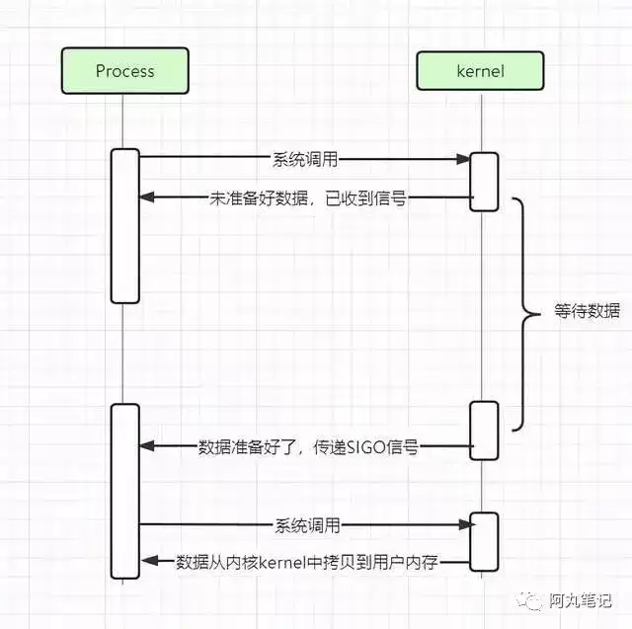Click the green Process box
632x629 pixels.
[x=125, y=71]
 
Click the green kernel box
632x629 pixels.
[x=480, y=71]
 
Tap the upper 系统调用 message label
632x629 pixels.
[x=305, y=160]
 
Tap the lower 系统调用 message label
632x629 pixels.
[x=307, y=526]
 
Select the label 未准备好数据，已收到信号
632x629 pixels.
[x=308, y=198]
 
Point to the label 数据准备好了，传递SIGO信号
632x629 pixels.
[x=308, y=447]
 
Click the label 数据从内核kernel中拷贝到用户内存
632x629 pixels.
[x=307, y=562]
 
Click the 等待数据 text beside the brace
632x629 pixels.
[x=587, y=311]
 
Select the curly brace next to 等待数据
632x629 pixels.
[x=524, y=314]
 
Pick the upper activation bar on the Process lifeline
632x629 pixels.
[x=125, y=226]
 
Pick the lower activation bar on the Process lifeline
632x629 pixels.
[x=125, y=491]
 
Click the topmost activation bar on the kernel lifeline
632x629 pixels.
[x=484, y=182]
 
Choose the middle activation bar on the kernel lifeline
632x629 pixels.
[x=484, y=431]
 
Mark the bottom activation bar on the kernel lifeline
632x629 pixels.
[x=484, y=542]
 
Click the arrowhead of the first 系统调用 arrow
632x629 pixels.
[x=463, y=159]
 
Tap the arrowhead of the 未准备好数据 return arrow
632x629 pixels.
[x=147, y=197]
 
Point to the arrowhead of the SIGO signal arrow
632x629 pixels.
[x=147, y=445]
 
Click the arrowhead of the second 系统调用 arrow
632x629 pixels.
[x=467, y=524]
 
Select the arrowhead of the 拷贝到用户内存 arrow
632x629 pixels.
[x=149, y=561]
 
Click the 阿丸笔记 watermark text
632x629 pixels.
[x=580, y=600]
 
